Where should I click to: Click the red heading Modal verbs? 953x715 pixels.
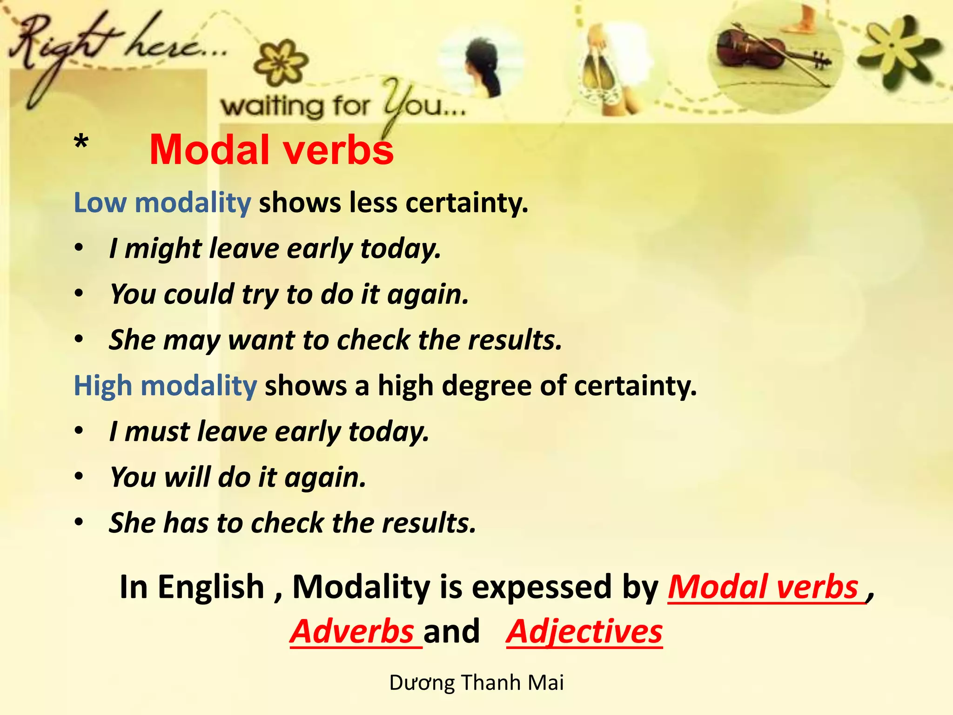point(271,150)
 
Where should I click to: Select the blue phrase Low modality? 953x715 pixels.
point(162,203)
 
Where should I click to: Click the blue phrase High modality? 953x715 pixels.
point(165,386)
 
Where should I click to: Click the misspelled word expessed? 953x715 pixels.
point(542,587)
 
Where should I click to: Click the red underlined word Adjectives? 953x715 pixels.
point(584,632)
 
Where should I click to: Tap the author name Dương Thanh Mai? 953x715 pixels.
point(476,683)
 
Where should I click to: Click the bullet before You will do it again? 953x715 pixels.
point(79,476)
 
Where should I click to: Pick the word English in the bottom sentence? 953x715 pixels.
point(211,587)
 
